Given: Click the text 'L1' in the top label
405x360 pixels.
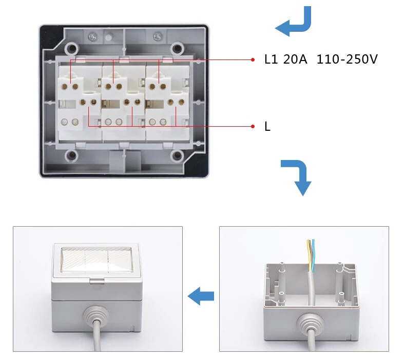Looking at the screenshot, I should pos(271,59).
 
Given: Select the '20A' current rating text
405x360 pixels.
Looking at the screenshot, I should pos(295,59).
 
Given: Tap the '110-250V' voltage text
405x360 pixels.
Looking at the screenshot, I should pos(347,59).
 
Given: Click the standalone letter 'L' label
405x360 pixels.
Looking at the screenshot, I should pos(267,127).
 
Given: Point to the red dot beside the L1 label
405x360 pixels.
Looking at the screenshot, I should pos(253,59).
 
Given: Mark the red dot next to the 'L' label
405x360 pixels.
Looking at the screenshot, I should pos(253,126).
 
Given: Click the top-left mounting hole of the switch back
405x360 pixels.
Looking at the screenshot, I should pos(73,47).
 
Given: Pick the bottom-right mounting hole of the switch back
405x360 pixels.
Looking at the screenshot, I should pos(177,155).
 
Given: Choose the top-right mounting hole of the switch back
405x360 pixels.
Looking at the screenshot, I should pos(177,47).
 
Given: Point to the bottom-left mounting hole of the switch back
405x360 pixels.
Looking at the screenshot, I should pos(73,155).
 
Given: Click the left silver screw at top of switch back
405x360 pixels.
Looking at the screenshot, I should pos(93,36).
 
